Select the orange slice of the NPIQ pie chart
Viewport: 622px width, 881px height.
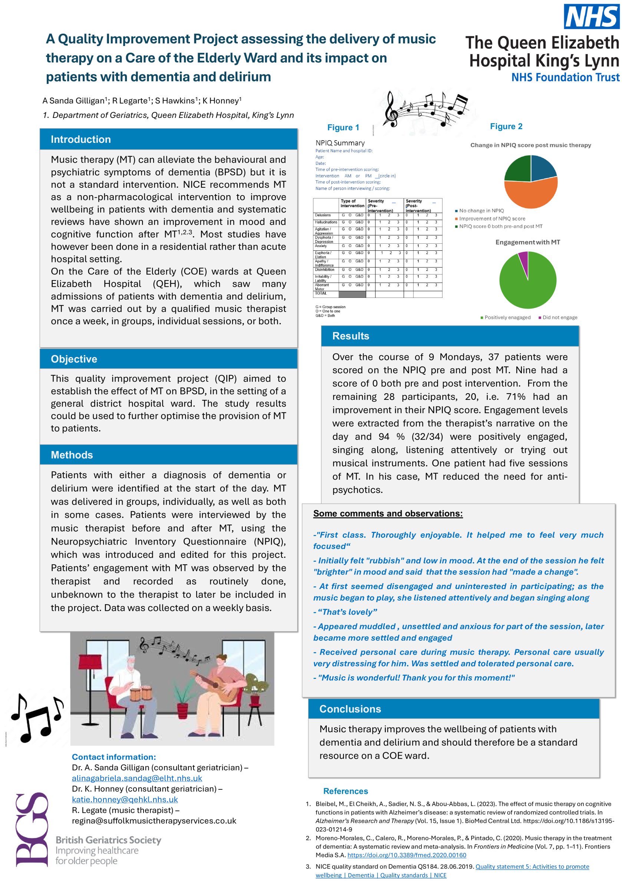532,194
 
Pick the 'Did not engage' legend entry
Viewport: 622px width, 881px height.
559,317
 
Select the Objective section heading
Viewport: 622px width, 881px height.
74,359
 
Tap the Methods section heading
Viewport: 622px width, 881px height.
72,455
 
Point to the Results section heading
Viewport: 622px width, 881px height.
351,336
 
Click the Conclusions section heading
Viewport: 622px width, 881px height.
350,709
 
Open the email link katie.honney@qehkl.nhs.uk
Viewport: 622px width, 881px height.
125,799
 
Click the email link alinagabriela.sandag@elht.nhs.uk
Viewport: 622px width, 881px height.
136,778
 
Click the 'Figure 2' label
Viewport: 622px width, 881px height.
506,126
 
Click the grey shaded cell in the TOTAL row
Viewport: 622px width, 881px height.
352,294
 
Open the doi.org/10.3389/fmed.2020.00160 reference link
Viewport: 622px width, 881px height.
407,855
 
